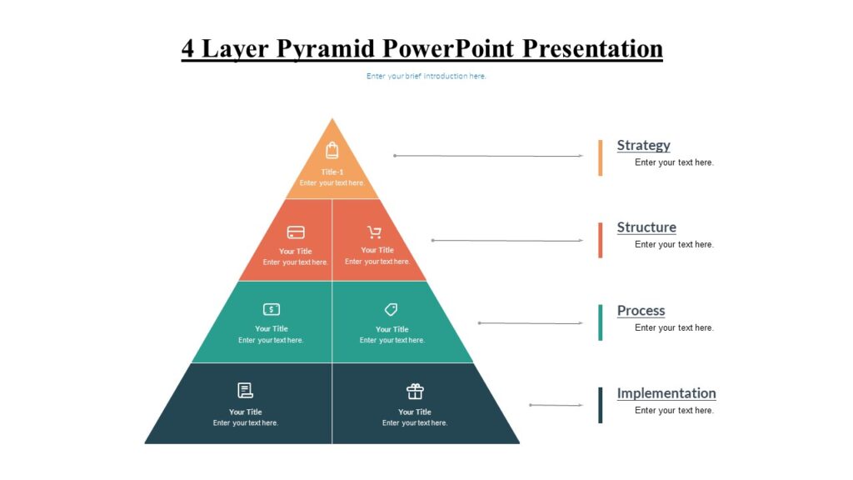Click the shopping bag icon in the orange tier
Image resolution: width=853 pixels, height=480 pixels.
point(332,150)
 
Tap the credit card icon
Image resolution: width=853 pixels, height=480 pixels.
point(296,232)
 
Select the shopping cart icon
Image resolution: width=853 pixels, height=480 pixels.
point(375,232)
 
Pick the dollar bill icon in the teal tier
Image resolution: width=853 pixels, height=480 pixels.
point(272,309)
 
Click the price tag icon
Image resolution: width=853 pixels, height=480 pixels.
point(391,310)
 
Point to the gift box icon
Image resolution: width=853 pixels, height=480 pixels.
point(415,391)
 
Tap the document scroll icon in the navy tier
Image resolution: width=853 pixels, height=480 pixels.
point(245,390)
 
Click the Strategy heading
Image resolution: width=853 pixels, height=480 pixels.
point(643,145)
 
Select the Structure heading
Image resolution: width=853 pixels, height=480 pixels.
point(646,227)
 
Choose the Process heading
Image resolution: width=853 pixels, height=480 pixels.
point(641,311)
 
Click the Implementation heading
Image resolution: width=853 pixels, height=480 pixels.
point(666,393)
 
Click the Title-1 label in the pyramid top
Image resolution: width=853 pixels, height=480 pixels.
point(332,172)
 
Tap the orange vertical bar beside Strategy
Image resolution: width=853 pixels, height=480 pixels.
point(600,157)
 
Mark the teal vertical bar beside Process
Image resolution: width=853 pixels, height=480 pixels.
point(600,322)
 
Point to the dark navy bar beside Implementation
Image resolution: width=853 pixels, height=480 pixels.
point(600,405)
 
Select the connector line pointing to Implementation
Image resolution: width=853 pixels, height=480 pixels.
point(556,406)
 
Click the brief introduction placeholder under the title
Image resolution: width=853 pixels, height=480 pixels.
point(426,77)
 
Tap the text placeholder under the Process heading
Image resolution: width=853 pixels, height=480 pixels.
point(674,327)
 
